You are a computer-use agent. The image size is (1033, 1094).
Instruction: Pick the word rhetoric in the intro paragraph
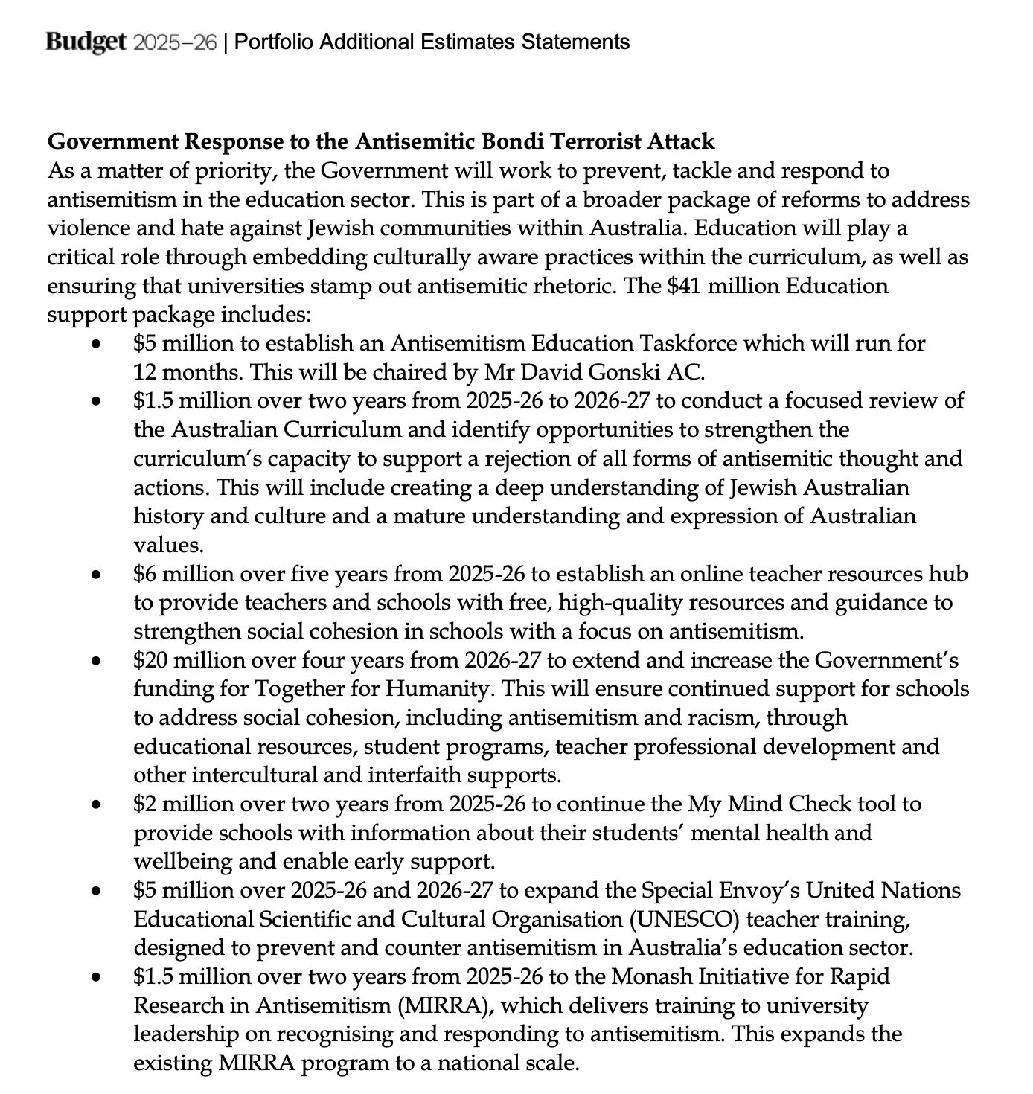[x=564, y=286]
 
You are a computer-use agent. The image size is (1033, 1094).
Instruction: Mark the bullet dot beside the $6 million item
[x=95, y=575]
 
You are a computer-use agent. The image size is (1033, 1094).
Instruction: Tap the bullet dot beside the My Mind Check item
[x=95, y=804]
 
